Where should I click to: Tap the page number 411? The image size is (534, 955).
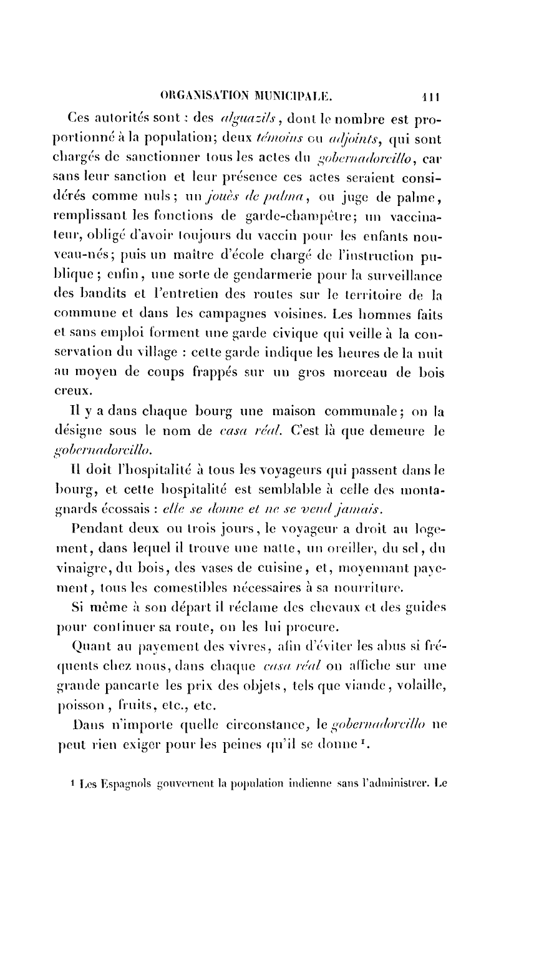click(x=431, y=97)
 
